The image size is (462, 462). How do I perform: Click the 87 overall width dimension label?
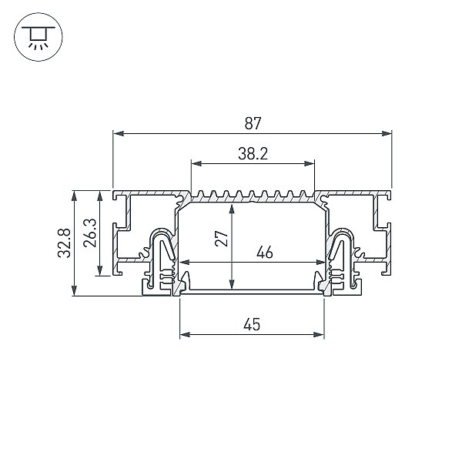pos(253,123)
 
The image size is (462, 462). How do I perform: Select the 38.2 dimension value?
pos(253,154)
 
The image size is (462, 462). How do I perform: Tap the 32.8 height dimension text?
pos(64,243)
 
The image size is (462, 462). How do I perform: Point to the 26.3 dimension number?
pos(89,233)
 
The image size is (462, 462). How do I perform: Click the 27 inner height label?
pos(222,239)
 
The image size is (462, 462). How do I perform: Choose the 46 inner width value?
pos(265,253)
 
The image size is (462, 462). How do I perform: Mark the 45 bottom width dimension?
pos(252,324)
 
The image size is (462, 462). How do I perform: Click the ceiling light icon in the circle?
pos(38,37)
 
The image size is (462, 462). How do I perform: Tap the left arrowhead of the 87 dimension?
pos(119,133)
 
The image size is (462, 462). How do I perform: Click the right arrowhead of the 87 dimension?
pos(387,133)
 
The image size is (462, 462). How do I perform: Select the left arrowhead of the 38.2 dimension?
pos(196,163)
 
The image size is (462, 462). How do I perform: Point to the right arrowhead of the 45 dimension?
pos(319,334)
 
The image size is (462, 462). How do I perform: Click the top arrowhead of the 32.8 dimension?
pos(74,196)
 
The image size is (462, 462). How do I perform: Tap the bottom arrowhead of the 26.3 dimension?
pos(99,270)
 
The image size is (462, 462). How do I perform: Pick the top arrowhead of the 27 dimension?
pos(232,209)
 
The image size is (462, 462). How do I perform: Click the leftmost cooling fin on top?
pos(201,194)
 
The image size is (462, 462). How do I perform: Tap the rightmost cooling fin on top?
pos(303,194)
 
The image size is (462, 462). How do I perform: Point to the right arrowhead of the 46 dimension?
pos(320,262)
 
